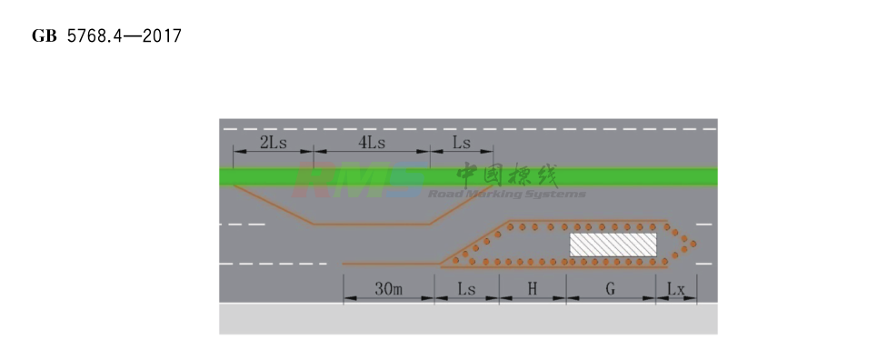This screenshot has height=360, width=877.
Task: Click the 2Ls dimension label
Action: (274, 143)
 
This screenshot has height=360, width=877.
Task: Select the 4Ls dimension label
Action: (372, 143)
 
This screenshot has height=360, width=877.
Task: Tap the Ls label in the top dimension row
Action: (462, 143)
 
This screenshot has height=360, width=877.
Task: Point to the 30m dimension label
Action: (389, 289)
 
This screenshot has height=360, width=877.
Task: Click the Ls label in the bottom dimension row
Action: (466, 289)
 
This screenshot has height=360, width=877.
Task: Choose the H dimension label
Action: (533, 289)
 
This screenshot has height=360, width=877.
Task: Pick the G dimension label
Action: (611, 289)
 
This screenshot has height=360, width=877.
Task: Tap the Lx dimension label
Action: (676, 289)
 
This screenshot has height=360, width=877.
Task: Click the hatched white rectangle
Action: (613, 244)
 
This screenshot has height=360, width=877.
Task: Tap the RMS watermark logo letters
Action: (359, 178)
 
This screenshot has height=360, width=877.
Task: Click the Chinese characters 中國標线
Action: (507, 175)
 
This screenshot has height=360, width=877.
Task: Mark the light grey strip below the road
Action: (468, 318)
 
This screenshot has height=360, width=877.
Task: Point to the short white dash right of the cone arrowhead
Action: (704, 223)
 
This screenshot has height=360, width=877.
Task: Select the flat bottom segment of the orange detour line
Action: (372, 224)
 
